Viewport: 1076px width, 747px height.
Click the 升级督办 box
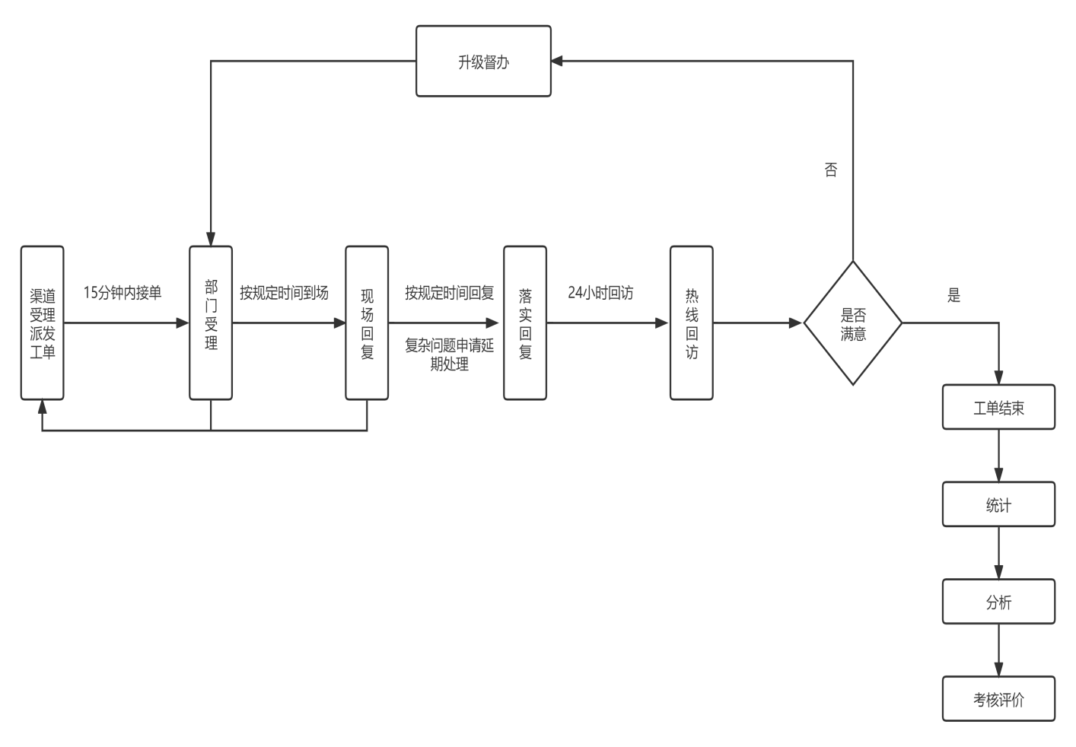click(483, 62)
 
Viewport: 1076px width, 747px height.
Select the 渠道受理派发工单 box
click(43, 323)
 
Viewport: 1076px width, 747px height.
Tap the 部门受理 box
click(211, 323)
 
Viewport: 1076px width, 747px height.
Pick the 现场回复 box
click(367, 323)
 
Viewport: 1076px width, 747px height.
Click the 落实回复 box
click(525, 323)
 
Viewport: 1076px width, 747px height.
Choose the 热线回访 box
click(691, 323)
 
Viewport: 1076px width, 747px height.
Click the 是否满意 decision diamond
click(853, 323)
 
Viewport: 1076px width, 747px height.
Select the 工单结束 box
click(998, 408)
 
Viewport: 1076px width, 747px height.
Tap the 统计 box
click(998, 504)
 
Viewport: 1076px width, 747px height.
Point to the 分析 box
click(998, 602)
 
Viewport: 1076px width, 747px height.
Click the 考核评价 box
click(998, 699)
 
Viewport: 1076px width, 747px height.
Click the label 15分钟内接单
click(123, 293)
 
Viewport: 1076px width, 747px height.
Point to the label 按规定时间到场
click(284, 293)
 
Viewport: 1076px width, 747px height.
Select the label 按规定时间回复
click(449, 293)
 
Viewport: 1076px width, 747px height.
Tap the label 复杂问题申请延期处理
click(449, 354)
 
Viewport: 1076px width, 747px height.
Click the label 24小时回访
click(600, 293)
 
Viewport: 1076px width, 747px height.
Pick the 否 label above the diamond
click(831, 170)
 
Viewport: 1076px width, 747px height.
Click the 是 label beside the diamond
click(954, 296)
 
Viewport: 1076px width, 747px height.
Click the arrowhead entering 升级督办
click(557, 62)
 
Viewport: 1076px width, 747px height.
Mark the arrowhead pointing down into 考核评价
click(998, 669)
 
